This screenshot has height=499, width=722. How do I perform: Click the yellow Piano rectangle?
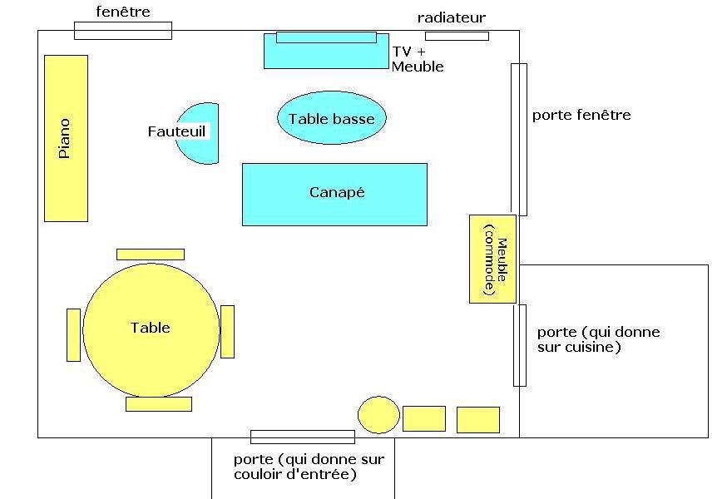pyautogui.click(x=66, y=139)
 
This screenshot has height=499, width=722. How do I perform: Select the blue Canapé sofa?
pyautogui.click(x=334, y=195)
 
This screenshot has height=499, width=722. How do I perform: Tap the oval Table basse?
pyautogui.click(x=332, y=118)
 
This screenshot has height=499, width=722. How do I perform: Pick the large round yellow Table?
pyautogui.click(x=151, y=330)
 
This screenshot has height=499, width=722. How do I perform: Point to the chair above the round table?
pyautogui.click(x=151, y=254)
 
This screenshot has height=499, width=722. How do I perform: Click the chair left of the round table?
pyautogui.click(x=74, y=335)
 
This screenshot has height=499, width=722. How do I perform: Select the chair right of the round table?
pyautogui.click(x=227, y=332)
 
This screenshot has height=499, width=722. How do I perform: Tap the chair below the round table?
pyautogui.click(x=159, y=404)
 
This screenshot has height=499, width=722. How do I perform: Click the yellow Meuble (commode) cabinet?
pyautogui.click(x=492, y=259)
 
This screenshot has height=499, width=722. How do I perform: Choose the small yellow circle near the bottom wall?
pyautogui.click(x=379, y=415)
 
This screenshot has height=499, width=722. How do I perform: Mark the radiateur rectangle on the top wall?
pyautogui.click(x=457, y=36)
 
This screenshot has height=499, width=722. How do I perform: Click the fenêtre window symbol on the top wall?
pyautogui.click(x=123, y=31)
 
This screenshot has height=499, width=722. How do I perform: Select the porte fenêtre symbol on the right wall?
pyautogui.click(x=519, y=140)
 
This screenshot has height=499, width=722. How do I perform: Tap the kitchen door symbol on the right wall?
pyautogui.click(x=520, y=345)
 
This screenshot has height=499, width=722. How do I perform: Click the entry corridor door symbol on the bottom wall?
pyautogui.click(x=303, y=437)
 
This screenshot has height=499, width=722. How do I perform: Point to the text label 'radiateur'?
pyautogui.click(x=451, y=17)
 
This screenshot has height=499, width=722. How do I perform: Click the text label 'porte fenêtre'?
pyautogui.click(x=581, y=115)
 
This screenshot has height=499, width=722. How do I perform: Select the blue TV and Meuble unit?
pyautogui.click(x=326, y=51)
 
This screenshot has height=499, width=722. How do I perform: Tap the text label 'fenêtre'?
pyautogui.click(x=123, y=12)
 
